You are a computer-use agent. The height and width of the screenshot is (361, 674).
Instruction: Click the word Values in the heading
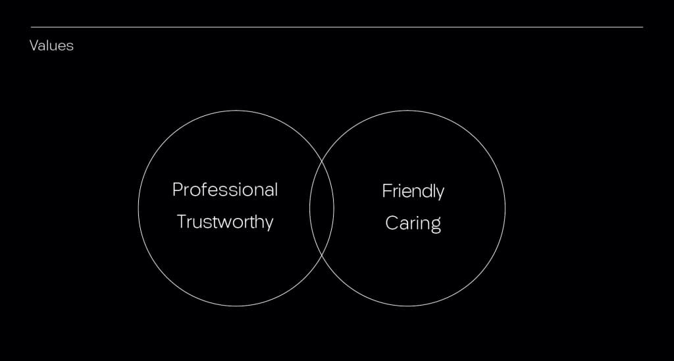point(51,45)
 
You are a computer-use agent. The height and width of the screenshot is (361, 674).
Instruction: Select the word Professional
point(225,190)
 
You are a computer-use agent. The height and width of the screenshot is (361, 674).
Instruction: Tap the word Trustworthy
point(225,222)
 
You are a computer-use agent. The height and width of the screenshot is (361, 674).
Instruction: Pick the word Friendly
point(413,191)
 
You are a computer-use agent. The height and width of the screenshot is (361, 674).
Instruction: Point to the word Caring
point(413,223)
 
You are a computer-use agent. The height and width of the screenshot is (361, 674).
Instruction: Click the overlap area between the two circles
point(321,208)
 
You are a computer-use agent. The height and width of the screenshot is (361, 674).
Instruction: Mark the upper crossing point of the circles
point(322,160)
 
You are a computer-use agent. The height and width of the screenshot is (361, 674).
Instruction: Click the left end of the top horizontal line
point(31,27)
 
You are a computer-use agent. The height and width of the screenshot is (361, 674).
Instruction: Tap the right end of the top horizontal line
point(643,27)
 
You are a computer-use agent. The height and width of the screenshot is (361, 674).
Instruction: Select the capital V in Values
point(34,45)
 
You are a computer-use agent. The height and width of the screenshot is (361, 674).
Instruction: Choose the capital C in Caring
point(391,223)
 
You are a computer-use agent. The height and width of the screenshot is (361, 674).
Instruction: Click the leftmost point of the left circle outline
point(138,208)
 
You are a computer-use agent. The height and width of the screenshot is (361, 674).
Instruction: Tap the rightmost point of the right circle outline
point(505,208)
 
